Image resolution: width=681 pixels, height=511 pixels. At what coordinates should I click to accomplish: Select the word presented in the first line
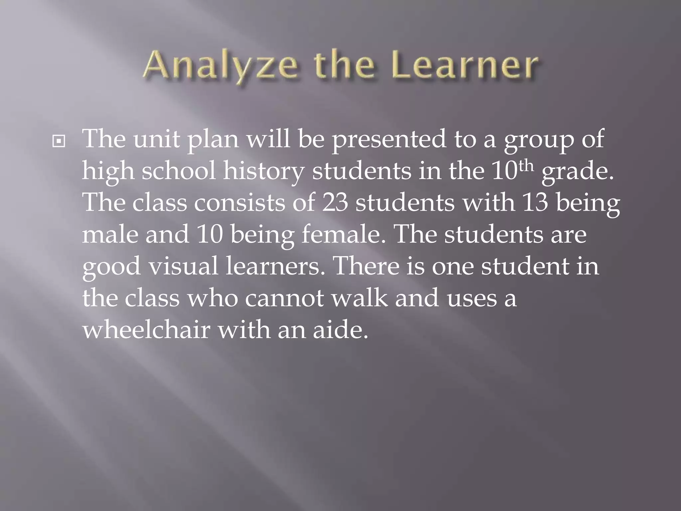point(389,139)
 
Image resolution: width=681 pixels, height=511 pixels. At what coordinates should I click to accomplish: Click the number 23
point(335,203)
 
